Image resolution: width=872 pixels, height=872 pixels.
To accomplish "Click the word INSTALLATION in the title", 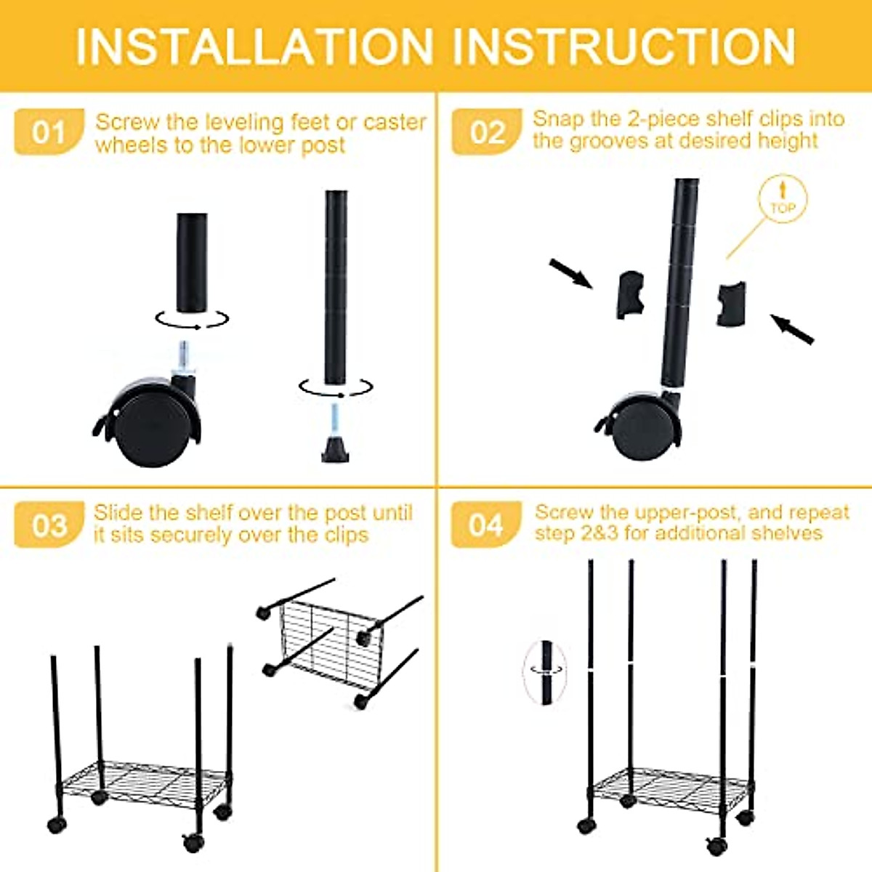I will pyautogui.click(x=254, y=47).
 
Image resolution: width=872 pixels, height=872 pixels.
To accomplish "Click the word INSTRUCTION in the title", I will pyautogui.click(x=627, y=47).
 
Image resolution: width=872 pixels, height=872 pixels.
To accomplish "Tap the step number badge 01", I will pyautogui.click(x=49, y=132).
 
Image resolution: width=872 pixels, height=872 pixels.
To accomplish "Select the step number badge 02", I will pyautogui.click(x=486, y=132).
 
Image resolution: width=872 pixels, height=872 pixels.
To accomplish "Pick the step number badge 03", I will pyautogui.click(x=49, y=525).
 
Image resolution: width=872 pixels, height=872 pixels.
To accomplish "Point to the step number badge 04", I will pyautogui.click(x=486, y=525).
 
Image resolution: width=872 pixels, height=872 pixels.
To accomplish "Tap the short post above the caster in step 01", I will pyautogui.click(x=191, y=262).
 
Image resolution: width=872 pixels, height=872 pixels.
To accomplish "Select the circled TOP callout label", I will pyautogui.click(x=783, y=199).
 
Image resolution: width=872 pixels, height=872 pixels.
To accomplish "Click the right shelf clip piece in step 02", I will pyautogui.click(x=731, y=303).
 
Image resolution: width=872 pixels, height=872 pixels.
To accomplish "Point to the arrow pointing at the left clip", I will pyautogui.click(x=571, y=273).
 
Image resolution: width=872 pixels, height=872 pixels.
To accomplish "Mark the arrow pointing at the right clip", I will pyautogui.click(x=792, y=328).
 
